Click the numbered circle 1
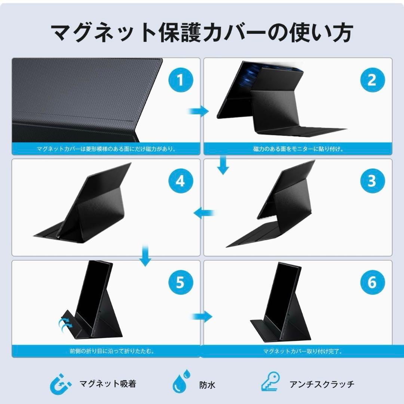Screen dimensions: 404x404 [180, 80]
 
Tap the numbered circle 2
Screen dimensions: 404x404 [371, 80]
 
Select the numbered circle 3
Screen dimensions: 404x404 [371, 181]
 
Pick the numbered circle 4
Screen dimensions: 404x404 [180, 181]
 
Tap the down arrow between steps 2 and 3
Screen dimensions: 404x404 [223, 166]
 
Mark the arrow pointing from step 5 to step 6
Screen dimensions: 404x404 [202, 316]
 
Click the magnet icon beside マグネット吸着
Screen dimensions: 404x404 [61, 384]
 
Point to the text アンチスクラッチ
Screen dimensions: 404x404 [321, 384]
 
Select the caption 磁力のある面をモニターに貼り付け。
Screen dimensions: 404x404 [298, 149]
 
